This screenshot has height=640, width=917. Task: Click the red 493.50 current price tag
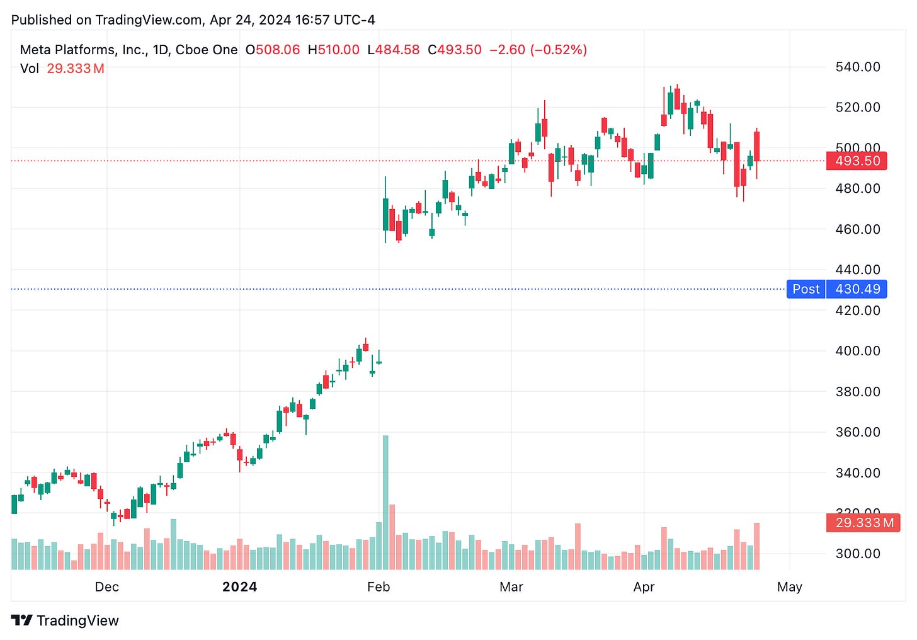[857, 161]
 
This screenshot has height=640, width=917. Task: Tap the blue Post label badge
[806, 289]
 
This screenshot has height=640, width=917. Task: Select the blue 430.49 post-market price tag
[857, 289]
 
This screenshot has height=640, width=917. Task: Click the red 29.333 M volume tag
[864, 523]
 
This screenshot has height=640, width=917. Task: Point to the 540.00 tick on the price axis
[857, 67]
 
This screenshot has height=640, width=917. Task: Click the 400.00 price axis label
[857, 351]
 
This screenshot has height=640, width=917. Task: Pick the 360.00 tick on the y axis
[857, 432]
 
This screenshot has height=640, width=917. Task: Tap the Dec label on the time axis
[106, 587]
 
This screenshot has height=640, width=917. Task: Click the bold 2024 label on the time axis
[239, 587]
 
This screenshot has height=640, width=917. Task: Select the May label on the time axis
[789, 587]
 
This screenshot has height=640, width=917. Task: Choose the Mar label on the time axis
[511, 587]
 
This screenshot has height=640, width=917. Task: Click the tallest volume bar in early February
[385, 502]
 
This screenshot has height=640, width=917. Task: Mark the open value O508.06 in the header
[273, 50]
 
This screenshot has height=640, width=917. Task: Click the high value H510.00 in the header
[333, 50]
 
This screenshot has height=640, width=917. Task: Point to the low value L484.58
[393, 50]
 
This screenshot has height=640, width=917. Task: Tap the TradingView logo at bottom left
[65, 620]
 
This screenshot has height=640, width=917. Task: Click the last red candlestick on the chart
[756, 146]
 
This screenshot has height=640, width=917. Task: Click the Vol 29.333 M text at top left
[62, 69]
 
